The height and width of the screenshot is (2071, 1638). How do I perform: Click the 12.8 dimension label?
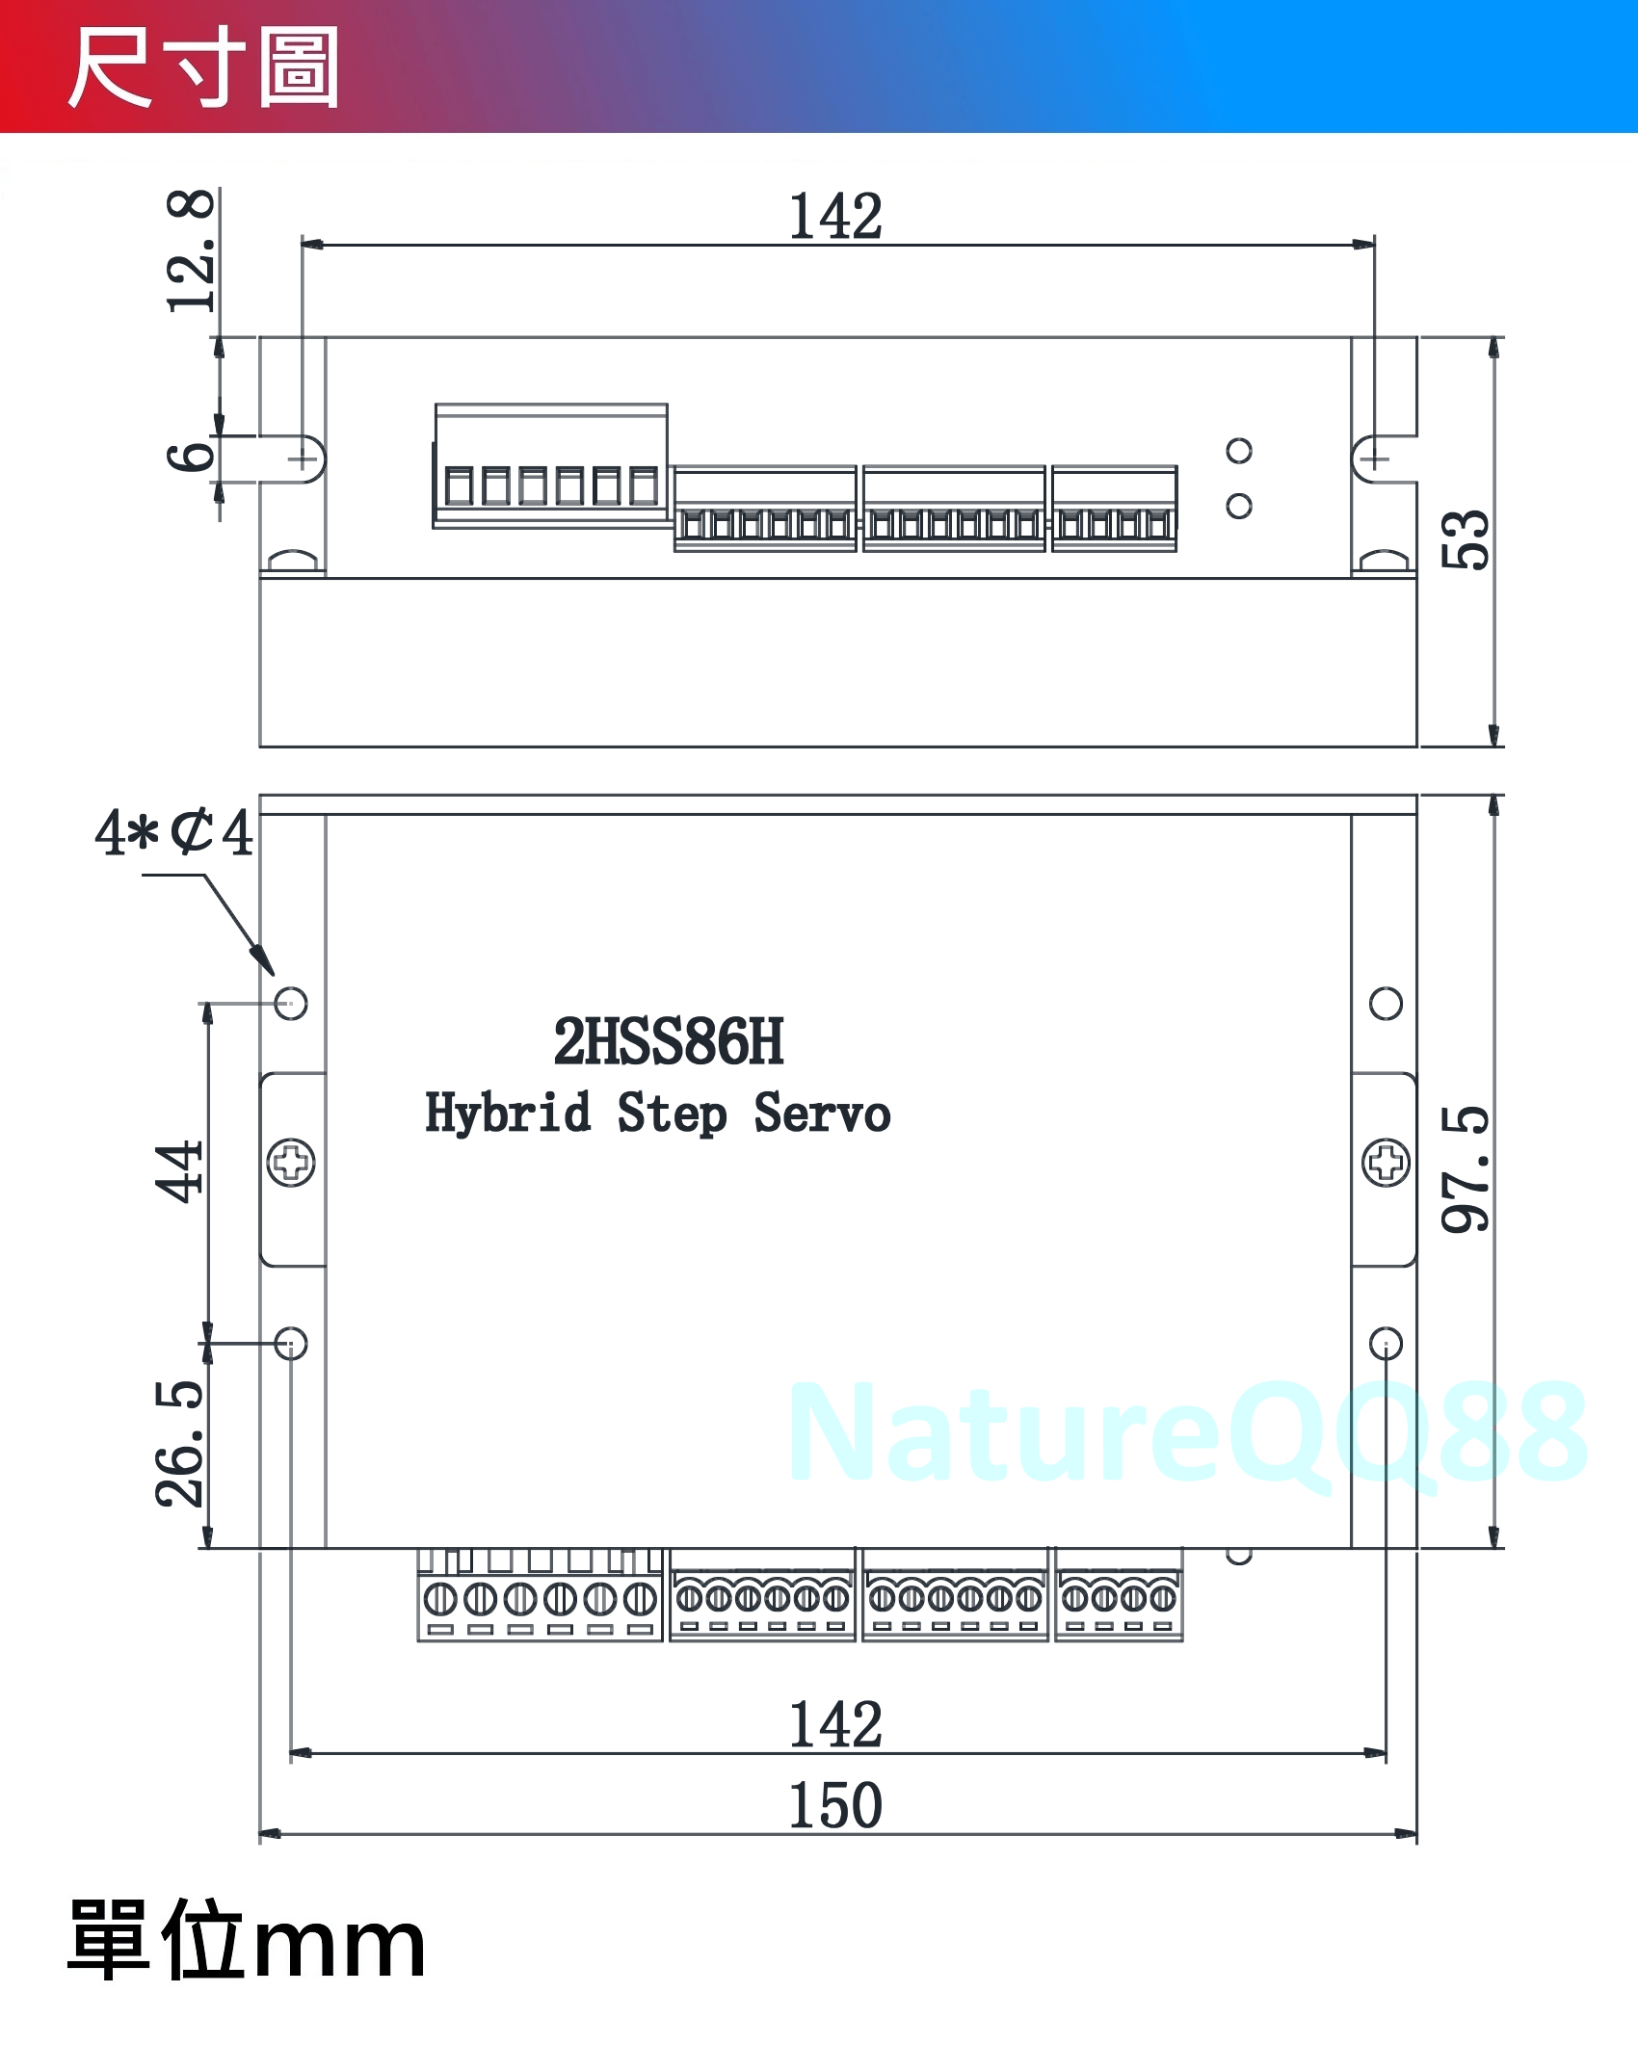point(191,250)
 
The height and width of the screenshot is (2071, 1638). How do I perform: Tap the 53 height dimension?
point(1465,539)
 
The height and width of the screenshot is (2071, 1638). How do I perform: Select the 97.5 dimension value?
point(1465,1169)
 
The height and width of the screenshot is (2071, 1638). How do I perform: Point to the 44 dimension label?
point(179,1172)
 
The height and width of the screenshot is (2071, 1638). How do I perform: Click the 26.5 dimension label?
point(179,1443)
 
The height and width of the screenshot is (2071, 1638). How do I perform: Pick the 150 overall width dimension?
point(835,1805)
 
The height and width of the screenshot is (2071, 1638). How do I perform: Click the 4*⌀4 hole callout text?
point(174,832)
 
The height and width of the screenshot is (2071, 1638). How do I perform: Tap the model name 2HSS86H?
point(669,1042)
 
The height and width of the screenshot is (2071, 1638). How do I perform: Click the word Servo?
point(822,1114)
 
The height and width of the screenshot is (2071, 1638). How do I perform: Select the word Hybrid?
point(508,1114)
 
